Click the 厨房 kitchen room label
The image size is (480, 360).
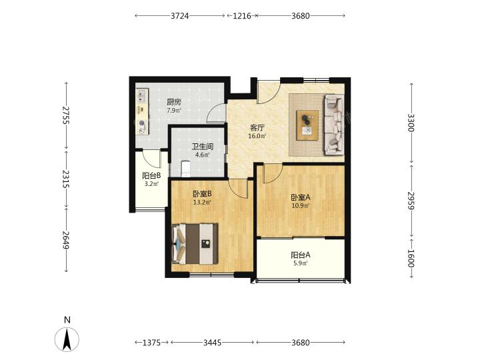pos(174,102)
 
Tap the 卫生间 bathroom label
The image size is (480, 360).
pos(203,147)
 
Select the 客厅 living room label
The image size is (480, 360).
pos(257,127)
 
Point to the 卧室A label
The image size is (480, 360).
pos(300,197)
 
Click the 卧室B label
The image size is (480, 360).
pos(202,194)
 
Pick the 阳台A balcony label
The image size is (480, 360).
pos(300,255)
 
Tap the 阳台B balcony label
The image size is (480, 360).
pos(151,176)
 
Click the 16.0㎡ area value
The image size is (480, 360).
pos(257,136)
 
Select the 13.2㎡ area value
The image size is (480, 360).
pos(202,202)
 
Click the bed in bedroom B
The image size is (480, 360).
pos(195,244)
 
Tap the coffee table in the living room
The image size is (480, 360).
pos(307,125)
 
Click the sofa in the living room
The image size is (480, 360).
pos(334,125)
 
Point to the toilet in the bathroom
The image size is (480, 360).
pos(185,169)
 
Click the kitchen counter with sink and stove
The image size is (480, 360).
pos(142,111)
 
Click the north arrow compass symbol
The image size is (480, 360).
pos(67,339)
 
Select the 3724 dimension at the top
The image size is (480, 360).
pos(180,15)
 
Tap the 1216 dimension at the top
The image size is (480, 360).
pos(242,15)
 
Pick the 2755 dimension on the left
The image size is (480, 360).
pos(66,115)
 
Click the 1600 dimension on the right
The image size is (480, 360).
pos(411,259)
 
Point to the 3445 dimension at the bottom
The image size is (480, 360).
pos(213,343)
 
